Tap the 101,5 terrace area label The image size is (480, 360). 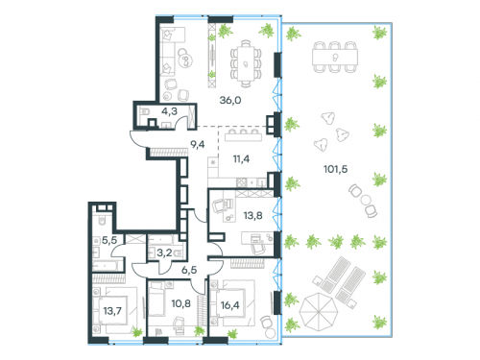tap(335, 170)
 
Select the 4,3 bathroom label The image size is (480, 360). tap(170, 111)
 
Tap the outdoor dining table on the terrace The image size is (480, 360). tap(335, 59)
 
